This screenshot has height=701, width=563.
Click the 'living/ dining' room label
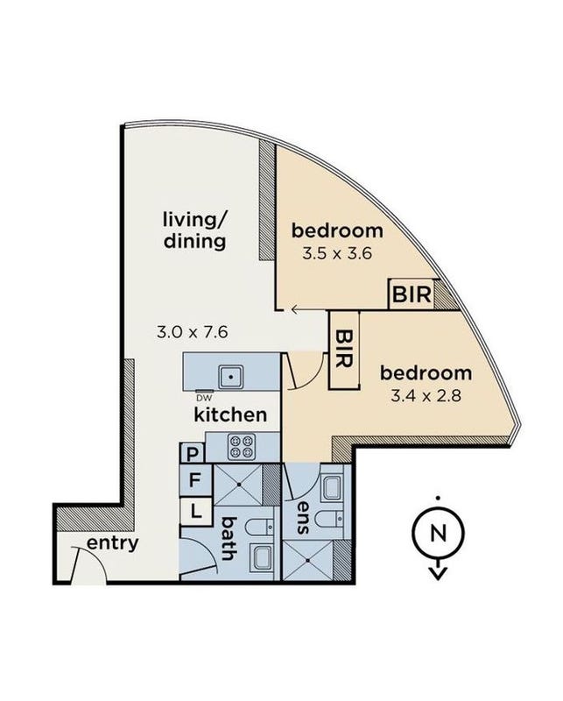194,230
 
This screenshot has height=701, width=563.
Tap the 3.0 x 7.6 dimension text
193,332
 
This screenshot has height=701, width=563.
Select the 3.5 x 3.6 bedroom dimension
337,254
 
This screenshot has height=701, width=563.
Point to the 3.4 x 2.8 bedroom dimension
426,396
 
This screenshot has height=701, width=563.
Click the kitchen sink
231,377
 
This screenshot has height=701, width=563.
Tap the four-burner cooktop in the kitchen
242,447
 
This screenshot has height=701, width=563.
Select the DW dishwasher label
204,398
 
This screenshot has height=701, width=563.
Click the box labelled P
192,454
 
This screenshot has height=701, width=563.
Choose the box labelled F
195,480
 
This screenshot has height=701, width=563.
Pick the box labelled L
196,511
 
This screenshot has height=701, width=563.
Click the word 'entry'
113,544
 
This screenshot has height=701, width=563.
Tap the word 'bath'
229,539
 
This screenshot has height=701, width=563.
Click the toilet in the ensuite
330,519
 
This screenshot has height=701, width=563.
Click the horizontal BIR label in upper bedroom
412,294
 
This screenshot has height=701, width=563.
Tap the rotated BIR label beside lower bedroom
343,349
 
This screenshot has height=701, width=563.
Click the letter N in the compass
438,533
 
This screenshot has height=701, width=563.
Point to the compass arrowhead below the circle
438,573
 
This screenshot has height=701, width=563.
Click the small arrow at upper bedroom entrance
295,309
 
